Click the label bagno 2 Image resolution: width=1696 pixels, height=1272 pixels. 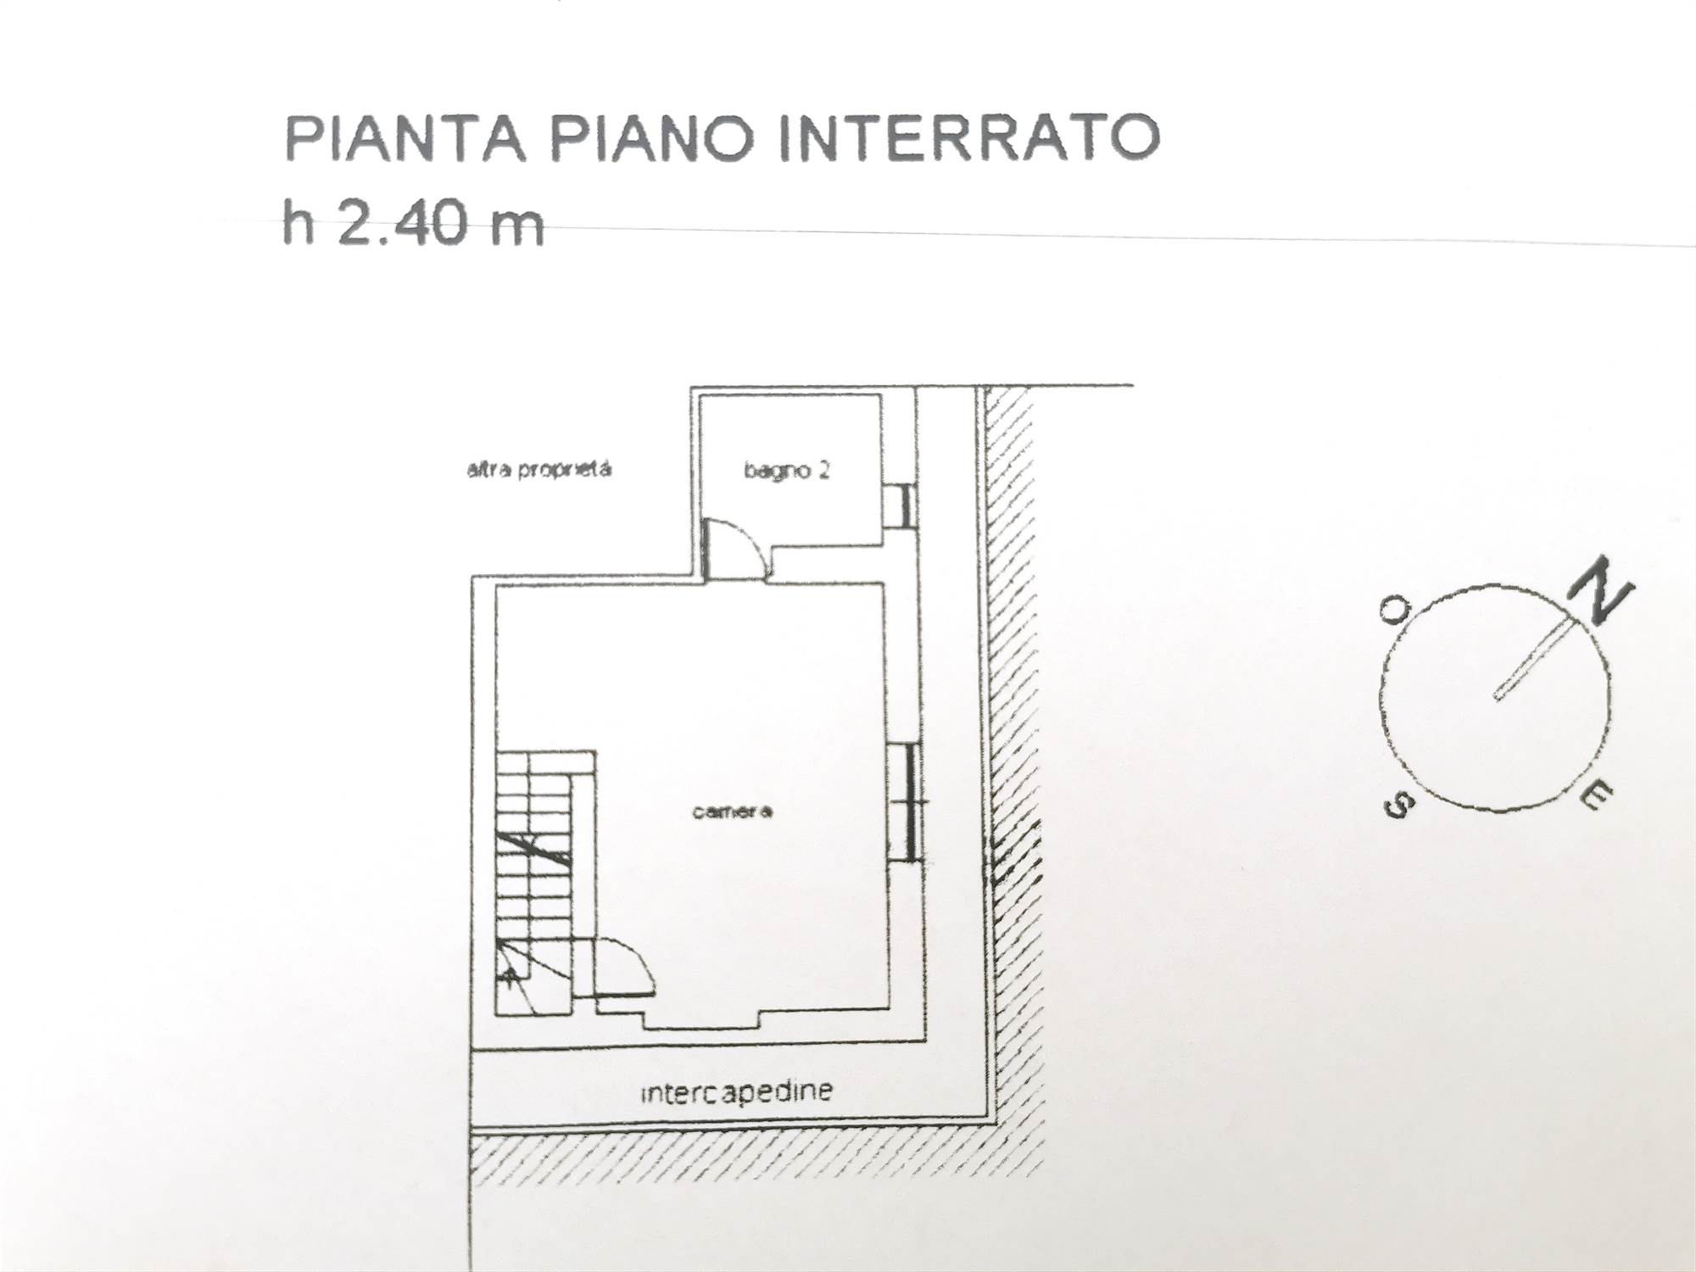click(786, 471)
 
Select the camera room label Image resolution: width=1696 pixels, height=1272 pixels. click(733, 812)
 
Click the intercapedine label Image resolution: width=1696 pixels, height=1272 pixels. click(736, 1091)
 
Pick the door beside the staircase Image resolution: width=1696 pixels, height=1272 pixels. click(623, 967)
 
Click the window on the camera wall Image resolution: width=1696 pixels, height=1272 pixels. click(906, 801)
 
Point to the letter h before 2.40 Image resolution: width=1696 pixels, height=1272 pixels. click(298, 222)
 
